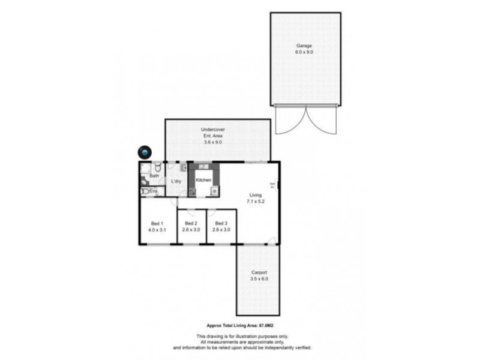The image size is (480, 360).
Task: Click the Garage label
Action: click(304, 46)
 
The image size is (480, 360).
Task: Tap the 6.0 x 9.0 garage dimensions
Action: click(304, 52)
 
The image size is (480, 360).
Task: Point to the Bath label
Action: click(154, 176)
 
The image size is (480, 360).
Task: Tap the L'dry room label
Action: click(176, 181)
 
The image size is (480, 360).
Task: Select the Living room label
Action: click(255, 195)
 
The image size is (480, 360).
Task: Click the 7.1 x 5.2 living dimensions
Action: click(255, 202)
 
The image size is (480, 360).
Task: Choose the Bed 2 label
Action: click(191, 223)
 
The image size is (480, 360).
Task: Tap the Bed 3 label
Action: click(221, 223)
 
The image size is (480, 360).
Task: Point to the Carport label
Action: click(259, 273)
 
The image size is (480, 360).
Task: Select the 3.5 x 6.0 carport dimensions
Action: click(259, 280)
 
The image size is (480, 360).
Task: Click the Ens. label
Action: click(154, 191)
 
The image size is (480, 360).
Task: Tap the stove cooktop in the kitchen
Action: click(214, 191)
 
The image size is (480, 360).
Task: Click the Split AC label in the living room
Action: click(272, 185)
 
